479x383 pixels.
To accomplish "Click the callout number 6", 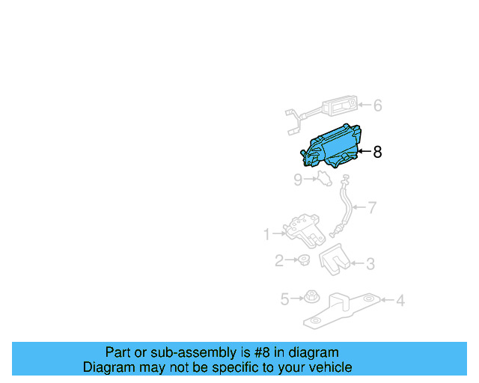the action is point(377,106).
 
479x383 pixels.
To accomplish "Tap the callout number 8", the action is point(377,152).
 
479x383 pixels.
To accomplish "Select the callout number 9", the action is point(298,180).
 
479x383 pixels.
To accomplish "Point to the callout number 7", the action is point(372,207).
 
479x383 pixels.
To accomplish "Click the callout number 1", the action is point(266,235).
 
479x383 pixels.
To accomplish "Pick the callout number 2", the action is point(278,261).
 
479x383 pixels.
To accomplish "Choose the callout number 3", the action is point(370,263).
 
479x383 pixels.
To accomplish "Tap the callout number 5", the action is point(284,299).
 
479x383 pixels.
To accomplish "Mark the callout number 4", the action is point(400,301).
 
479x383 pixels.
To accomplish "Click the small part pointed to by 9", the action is point(324,179).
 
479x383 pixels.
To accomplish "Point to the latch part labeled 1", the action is point(302,229).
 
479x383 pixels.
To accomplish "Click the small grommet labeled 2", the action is point(304,261).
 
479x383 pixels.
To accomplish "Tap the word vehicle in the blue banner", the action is point(326,367).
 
